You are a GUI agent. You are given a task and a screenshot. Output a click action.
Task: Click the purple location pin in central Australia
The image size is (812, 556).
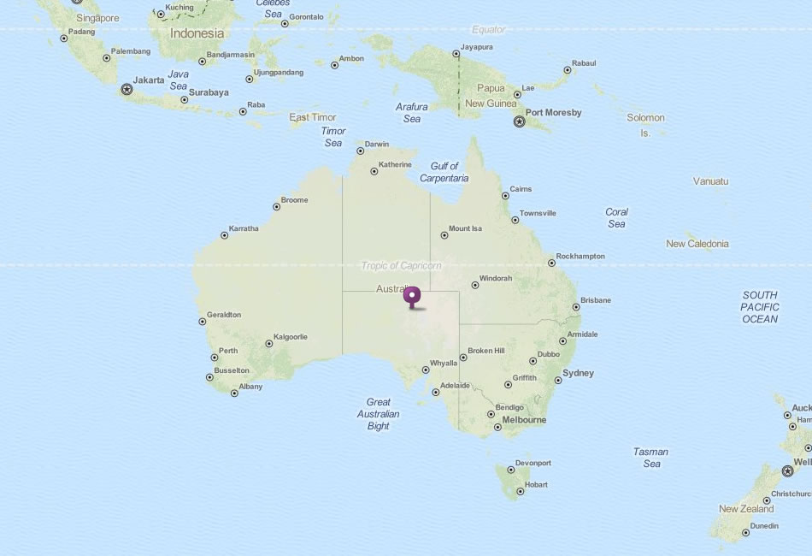pyautogui.click(x=413, y=297)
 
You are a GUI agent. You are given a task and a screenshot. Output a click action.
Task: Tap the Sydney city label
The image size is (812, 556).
pyautogui.click(x=578, y=373)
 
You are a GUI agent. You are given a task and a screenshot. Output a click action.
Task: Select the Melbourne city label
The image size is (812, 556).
pyautogui.click(x=524, y=420)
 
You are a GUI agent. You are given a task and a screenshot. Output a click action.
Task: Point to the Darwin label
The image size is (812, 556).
pyautogui.click(x=376, y=144)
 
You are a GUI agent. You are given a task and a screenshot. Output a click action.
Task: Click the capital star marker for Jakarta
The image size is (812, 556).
pyautogui.click(x=127, y=89)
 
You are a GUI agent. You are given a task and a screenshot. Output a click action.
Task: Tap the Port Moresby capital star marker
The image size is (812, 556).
pyautogui.click(x=519, y=122)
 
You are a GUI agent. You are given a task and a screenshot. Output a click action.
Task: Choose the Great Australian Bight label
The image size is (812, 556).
pyautogui.click(x=379, y=414)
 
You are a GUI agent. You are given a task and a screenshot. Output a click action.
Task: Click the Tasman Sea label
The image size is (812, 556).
pyautogui.click(x=651, y=458)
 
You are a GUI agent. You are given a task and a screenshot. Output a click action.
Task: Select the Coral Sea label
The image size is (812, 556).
pyautogui.click(x=616, y=217)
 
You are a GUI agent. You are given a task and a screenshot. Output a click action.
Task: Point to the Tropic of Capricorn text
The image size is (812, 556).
pyautogui.click(x=401, y=265)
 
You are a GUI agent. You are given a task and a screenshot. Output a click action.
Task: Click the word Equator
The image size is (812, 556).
pyautogui.click(x=489, y=29)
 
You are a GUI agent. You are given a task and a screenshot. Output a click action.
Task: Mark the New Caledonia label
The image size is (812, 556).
pyautogui.click(x=697, y=244)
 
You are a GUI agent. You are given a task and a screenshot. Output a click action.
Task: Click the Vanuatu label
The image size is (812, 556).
pyautogui.click(x=710, y=181)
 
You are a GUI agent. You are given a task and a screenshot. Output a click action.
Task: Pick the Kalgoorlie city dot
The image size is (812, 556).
pyautogui.click(x=269, y=344)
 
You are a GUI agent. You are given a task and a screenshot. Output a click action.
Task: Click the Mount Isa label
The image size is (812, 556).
pyautogui.click(x=465, y=228)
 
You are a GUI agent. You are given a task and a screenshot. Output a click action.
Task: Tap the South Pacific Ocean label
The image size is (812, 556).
pyautogui.click(x=759, y=306)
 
